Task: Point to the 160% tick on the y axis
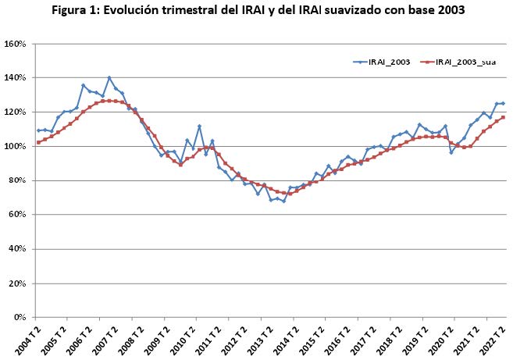coord(16,44)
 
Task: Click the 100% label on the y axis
coord(16,146)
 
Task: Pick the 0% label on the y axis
coord(20,318)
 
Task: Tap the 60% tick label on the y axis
coord(18,215)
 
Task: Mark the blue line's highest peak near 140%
coord(109,78)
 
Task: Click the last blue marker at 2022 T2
coord(503,103)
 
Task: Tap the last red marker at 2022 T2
coord(503,117)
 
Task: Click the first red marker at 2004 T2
coord(38,142)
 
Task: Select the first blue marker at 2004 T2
coord(38,130)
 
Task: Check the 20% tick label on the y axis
coord(18,283)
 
